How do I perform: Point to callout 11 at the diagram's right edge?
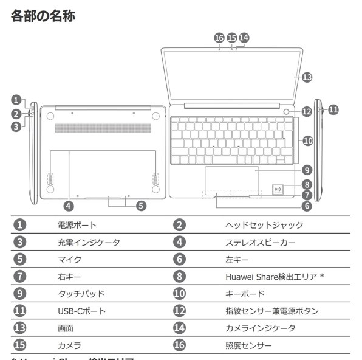pyautogui.click(x=333, y=109)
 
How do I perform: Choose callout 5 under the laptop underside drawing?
pyautogui.click(x=140, y=206)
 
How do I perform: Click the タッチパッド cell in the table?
pyautogui.click(x=80, y=294)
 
